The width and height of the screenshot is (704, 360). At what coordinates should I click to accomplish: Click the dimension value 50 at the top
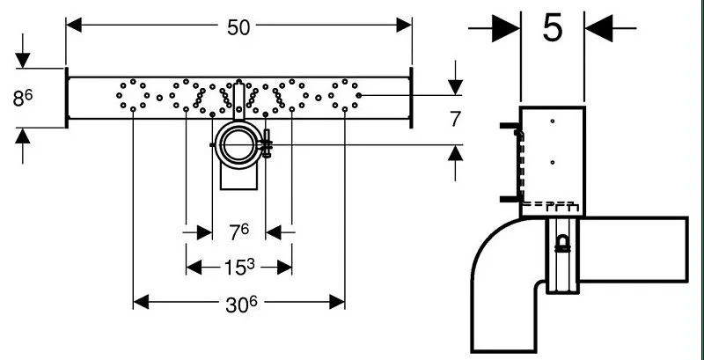[x=238, y=28]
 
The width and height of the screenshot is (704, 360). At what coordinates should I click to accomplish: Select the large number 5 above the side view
[x=553, y=28]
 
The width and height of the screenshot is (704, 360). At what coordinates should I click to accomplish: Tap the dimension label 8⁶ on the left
[x=23, y=99]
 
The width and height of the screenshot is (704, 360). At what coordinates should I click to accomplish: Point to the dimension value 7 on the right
[x=455, y=120]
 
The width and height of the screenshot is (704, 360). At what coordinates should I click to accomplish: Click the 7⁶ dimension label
[x=238, y=232]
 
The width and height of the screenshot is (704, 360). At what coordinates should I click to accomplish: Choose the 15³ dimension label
[x=238, y=267]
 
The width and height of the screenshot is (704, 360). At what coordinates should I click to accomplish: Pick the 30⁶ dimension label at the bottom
[x=241, y=305]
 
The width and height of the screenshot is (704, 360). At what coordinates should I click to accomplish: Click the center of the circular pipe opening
[x=238, y=144]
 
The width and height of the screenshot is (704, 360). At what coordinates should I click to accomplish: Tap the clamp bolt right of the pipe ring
[x=267, y=143]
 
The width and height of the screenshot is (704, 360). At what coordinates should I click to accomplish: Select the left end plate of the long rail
[x=67, y=98]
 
